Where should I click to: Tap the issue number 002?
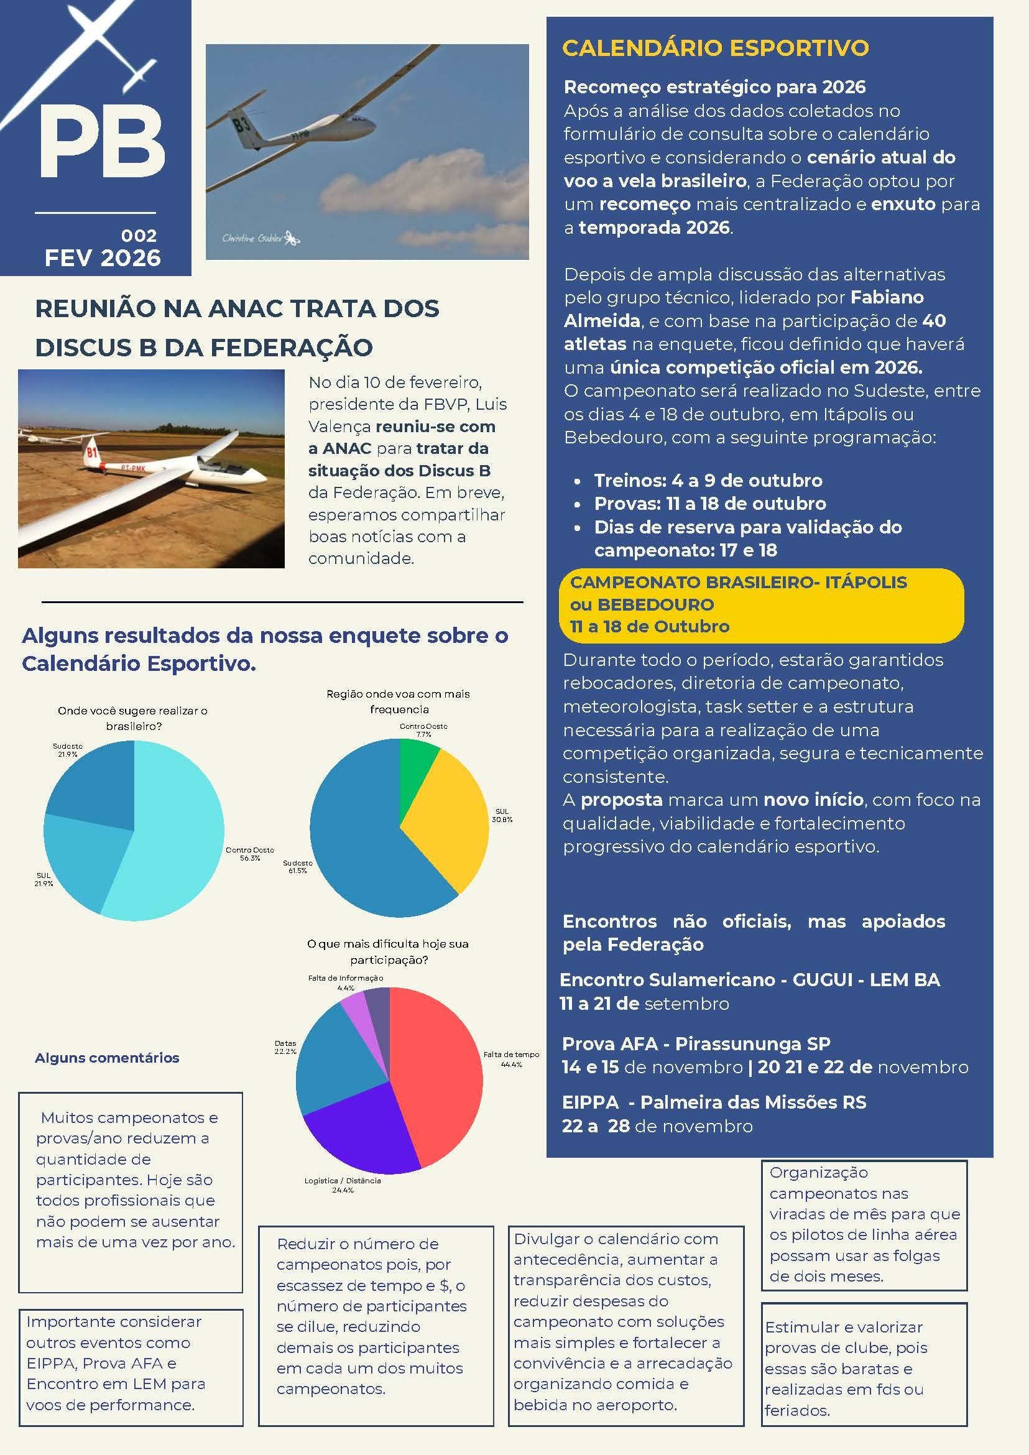(139, 236)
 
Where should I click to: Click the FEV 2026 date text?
(103, 258)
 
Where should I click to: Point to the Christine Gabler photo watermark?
(260, 239)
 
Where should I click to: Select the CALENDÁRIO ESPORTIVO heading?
(716, 48)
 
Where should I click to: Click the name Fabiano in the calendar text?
(887, 297)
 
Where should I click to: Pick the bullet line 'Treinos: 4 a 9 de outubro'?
(708, 481)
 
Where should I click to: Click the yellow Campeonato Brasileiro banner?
(760, 604)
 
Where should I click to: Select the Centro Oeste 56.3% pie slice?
(177, 843)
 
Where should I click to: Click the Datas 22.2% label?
(285, 1047)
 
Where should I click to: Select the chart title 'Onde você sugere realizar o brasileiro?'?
(133, 718)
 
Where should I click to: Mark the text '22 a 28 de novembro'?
(657, 1126)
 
